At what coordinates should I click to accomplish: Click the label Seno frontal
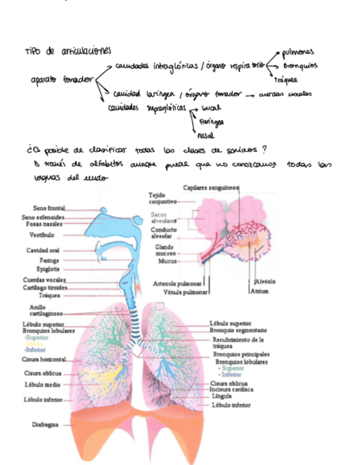point(49,208)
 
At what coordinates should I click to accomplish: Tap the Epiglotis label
point(48,270)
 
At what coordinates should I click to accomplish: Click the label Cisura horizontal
point(44,360)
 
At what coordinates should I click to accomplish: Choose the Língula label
point(221,396)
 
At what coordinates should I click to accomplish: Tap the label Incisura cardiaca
point(232,390)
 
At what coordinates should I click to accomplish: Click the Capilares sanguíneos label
point(211,188)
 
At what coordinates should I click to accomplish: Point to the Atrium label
point(260,292)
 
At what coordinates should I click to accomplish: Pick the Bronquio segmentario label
point(238,331)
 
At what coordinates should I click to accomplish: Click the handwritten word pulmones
point(297,53)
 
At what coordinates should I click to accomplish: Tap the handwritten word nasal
point(205,135)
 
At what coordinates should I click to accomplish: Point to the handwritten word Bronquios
point(300,66)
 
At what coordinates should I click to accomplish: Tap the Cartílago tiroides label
point(45,287)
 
